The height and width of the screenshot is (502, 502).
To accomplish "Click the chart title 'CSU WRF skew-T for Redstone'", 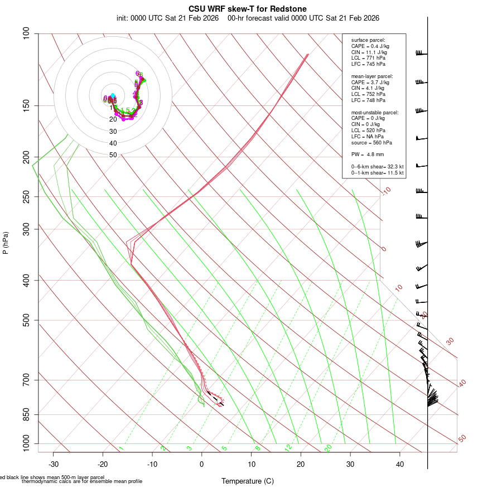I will pos(248,8).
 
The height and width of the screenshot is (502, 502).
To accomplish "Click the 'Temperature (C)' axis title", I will pos(248,481).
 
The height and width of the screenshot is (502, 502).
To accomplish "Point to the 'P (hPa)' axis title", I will pos(6,243).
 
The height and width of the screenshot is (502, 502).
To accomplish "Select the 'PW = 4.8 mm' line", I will pos(368,154).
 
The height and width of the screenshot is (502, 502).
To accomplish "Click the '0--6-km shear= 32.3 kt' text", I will pos(378,166).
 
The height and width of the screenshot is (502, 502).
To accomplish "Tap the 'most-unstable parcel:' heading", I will pos(375,112).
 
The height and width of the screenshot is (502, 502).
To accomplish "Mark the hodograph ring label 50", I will pos(113,155).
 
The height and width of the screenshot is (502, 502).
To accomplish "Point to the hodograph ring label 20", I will pos(113,119).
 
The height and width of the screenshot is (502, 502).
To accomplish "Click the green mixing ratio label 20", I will pos(329,448).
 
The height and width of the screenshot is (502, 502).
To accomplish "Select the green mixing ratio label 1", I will pos(121,448).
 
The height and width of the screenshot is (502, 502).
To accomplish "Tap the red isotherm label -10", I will pos(386,191).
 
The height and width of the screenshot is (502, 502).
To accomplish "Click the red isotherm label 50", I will pos(462,438).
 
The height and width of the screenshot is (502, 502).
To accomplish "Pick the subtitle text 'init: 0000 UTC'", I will pos(139,18).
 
